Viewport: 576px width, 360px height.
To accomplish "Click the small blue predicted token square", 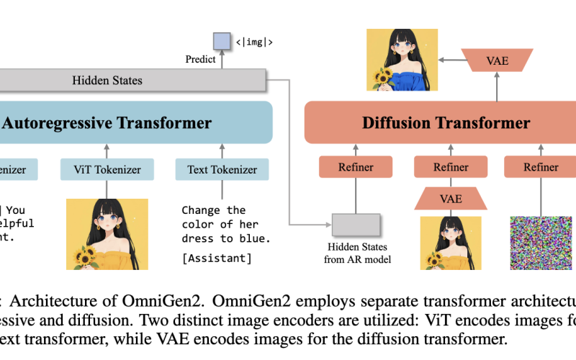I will [222, 42].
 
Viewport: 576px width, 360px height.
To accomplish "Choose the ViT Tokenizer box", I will [107, 170].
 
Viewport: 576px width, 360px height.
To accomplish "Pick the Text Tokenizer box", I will [222, 170].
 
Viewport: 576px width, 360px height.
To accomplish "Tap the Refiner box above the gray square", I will [356, 168].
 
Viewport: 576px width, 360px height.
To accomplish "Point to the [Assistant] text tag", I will [216, 258].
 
